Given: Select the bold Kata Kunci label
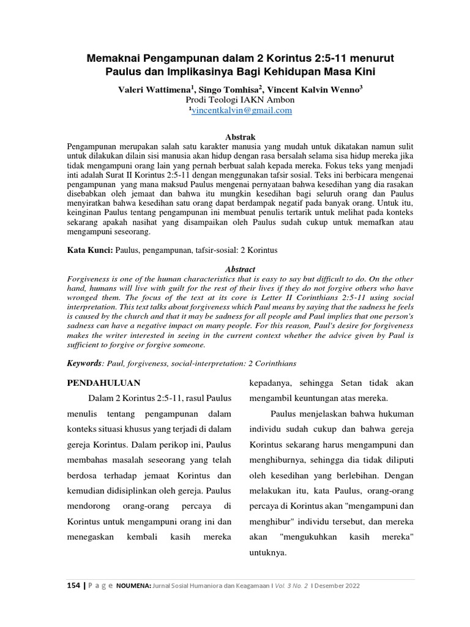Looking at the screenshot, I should (89, 250).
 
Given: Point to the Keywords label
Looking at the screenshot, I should (84, 363).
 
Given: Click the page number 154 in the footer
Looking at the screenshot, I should (73, 585).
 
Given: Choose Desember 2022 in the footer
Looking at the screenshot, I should (337, 585).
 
